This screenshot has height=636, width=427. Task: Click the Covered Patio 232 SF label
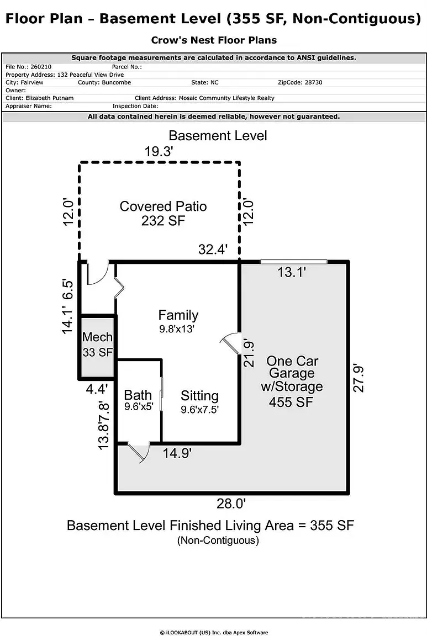(x=163, y=214)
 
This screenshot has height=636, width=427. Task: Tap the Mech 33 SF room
(x=97, y=344)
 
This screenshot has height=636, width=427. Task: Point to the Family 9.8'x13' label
(x=178, y=321)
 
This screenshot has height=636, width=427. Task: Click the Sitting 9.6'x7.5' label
(x=199, y=402)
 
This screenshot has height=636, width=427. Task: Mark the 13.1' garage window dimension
(x=292, y=272)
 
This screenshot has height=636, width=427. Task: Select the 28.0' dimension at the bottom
(x=231, y=504)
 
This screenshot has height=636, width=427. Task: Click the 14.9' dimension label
(x=177, y=453)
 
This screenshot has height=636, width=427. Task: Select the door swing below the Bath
(x=139, y=452)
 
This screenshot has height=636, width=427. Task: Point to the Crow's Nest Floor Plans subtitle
(x=213, y=40)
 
